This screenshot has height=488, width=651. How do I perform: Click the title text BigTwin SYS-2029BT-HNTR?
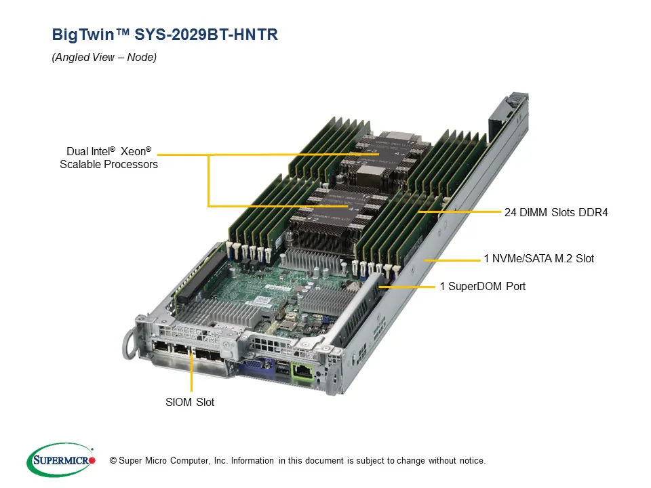click(x=165, y=35)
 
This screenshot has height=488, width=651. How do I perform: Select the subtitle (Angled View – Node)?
click(x=104, y=58)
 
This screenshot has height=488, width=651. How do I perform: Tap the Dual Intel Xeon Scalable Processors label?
click(x=108, y=158)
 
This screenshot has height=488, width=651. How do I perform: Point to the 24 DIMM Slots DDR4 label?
click(x=556, y=212)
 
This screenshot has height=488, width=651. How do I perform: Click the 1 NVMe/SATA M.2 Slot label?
click(x=538, y=258)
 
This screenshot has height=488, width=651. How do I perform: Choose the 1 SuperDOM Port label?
click(x=482, y=286)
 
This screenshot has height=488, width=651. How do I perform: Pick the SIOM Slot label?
click(x=190, y=402)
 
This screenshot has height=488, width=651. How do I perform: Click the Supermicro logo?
click(x=61, y=461)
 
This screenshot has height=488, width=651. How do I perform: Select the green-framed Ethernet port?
click(x=301, y=371)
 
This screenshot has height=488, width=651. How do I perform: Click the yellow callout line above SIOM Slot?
click(x=193, y=372)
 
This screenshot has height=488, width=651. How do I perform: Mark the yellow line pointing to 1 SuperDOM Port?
click(x=407, y=287)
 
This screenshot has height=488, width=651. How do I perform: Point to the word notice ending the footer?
click(x=471, y=461)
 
